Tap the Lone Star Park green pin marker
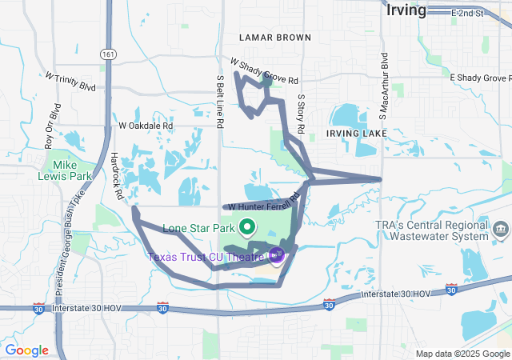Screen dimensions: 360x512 pyautogui.click(x=247, y=228)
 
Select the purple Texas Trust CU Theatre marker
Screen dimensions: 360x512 pyautogui.click(x=278, y=255)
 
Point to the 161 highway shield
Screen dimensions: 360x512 pyautogui.click(x=107, y=54)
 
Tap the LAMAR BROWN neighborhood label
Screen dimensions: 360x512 pyautogui.click(x=274, y=38)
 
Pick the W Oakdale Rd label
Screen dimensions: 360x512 pyautogui.click(x=146, y=126)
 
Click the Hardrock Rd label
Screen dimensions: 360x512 pyautogui.click(x=117, y=176)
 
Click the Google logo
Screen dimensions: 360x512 pyautogui.click(x=26, y=350)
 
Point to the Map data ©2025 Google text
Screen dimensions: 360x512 pyautogui.click(x=462, y=354)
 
